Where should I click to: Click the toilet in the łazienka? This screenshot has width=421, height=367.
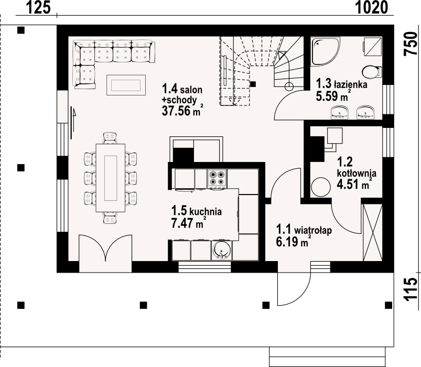point(372,72)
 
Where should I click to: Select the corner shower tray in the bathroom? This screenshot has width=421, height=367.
point(325,51)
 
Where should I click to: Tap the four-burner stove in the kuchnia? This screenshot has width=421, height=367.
point(217,178)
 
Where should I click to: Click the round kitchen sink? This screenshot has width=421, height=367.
point(221,251)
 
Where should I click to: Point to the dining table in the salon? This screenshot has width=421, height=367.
point(110,178)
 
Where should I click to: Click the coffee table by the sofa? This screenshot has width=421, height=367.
point(126,85)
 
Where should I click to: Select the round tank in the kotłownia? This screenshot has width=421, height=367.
point(321,187)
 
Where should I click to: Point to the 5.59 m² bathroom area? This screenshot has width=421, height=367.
point(333,96)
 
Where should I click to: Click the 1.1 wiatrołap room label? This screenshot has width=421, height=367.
point(304,230)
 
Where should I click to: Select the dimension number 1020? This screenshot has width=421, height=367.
point(372,7)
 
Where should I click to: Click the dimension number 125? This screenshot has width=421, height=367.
point(38,7)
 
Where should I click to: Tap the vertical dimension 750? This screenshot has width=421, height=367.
point(411,44)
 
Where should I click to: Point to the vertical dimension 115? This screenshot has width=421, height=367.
point(411,289)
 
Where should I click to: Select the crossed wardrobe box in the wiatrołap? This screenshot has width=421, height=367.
point(372,232)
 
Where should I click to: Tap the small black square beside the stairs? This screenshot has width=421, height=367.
point(253,84)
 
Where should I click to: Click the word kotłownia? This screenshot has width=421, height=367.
point(357,173)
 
